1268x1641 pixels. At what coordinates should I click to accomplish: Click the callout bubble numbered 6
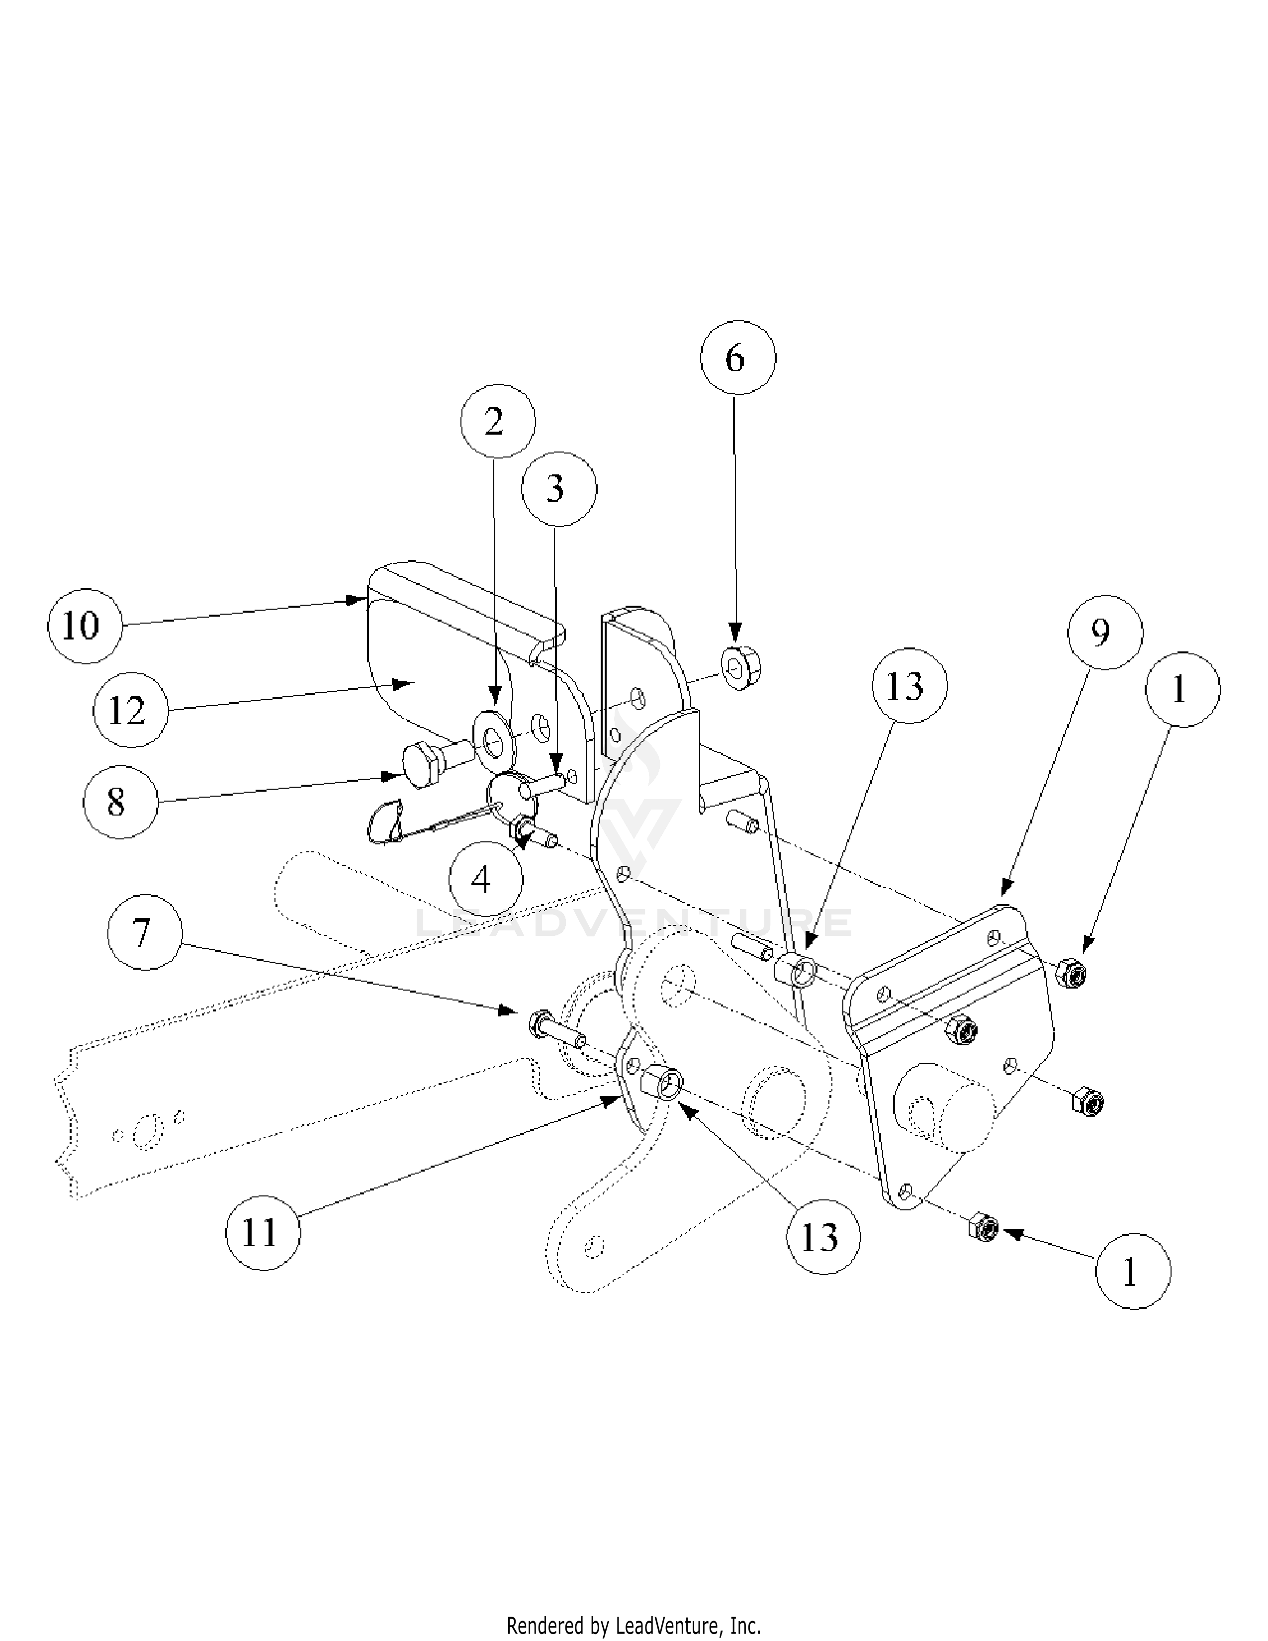click(737, 358)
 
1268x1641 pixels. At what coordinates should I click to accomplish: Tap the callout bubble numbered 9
click(1105, 633)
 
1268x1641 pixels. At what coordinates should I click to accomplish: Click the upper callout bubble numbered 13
click(909, 685)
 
